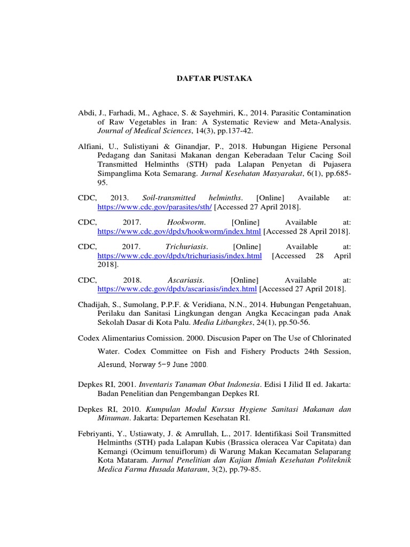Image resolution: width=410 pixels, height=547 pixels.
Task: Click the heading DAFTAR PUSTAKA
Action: click(x=214, y=79)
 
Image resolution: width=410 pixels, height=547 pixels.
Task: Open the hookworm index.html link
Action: click(x=179, y=231)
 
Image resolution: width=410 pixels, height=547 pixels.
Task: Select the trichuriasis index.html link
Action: click(x=179, y=256)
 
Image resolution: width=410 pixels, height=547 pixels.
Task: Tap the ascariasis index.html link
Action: click(x=177, y=289)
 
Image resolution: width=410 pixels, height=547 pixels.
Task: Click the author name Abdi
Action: click(x=86, y=113)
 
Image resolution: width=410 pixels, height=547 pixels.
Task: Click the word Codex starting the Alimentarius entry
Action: click(x=89, y=338)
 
